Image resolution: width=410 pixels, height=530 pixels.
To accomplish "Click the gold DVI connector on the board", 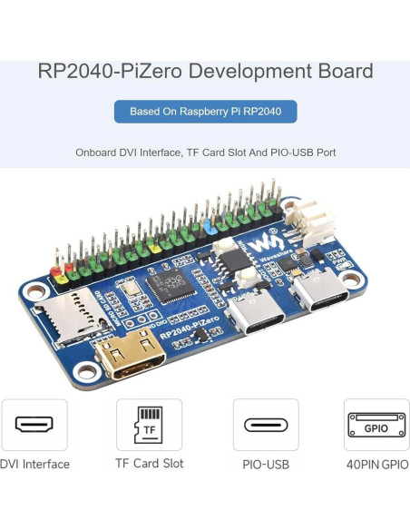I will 127,356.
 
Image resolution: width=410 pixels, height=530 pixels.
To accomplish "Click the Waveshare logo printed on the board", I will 262,243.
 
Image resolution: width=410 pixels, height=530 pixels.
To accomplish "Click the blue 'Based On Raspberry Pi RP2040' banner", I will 205,112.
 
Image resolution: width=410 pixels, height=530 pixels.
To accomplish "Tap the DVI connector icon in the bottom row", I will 34,424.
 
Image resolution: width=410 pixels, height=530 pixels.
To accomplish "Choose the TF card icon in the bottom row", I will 149,424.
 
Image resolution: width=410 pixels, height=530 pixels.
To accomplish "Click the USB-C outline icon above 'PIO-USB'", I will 266,424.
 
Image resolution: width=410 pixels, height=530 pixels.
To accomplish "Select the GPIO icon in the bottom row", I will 376,424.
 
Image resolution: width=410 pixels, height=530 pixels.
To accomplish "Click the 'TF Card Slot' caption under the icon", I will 149,464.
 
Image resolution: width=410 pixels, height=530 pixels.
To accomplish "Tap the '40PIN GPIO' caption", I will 376,465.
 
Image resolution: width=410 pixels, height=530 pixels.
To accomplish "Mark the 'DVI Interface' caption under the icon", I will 34,465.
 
